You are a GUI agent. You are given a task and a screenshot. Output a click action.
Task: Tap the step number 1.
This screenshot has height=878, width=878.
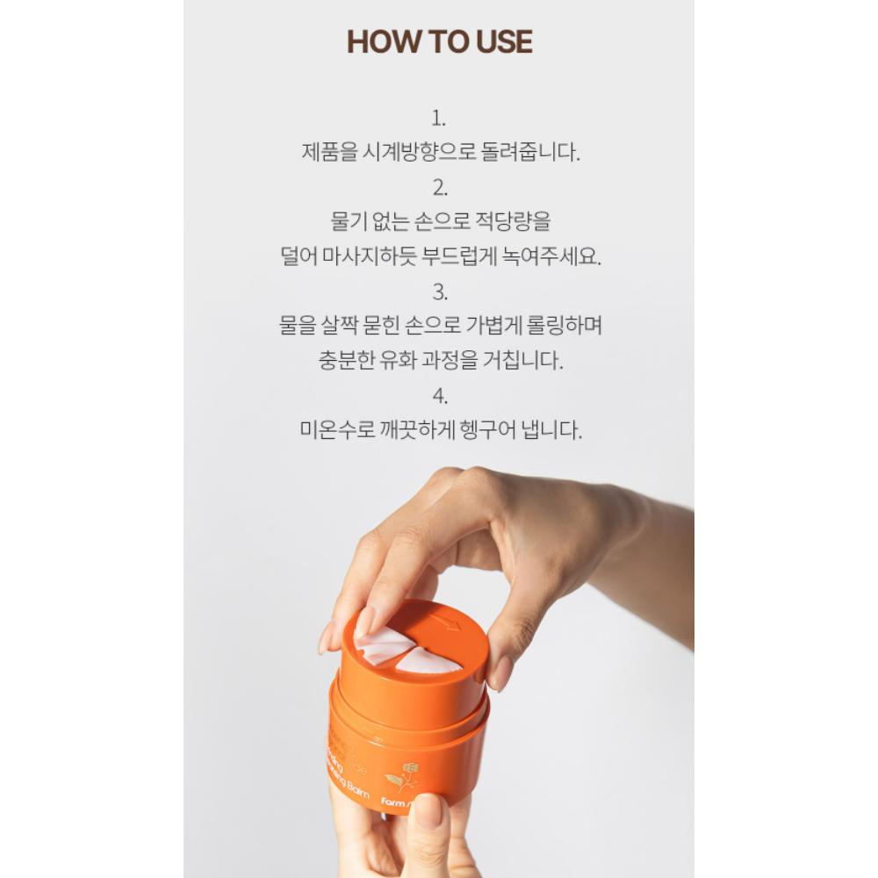[x=439, y=119]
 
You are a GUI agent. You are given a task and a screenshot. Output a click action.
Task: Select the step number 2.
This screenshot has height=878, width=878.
[x=439, y=186]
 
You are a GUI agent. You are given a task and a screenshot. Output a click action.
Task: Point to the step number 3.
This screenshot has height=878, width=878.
[x=439, y=291]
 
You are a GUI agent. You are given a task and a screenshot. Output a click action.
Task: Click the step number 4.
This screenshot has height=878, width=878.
[x=439, y=395]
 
